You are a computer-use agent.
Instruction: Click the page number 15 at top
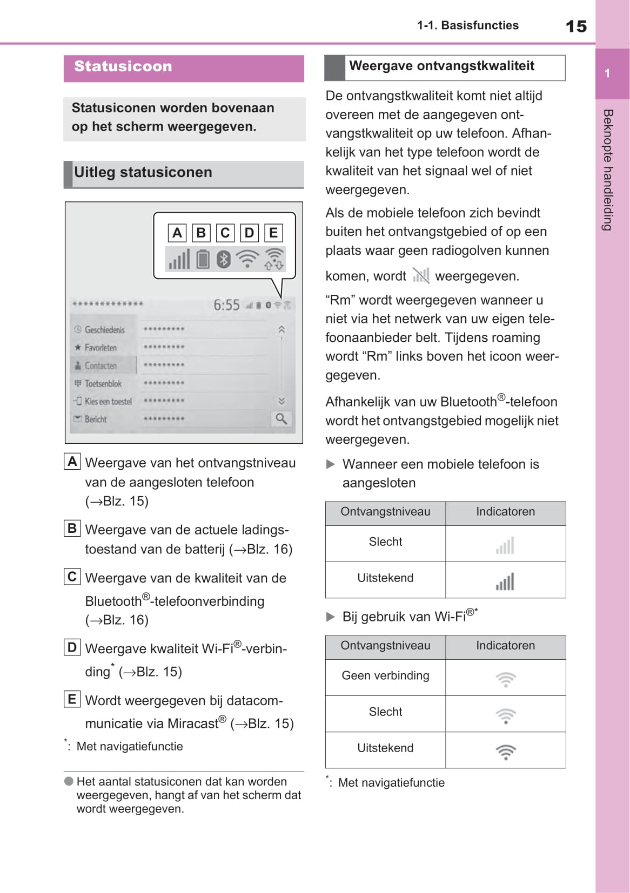[576, 26]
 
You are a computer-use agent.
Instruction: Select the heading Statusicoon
[123, 66]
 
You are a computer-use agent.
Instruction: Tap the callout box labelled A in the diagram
[177, 233]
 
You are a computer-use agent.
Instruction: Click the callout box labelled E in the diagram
[273, 233]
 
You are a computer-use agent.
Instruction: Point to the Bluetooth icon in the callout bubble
[224, 259]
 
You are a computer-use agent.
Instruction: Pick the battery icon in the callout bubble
[203, 259]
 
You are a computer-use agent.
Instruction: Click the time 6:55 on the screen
[226, 305]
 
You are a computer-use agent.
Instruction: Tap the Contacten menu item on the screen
[100, 366]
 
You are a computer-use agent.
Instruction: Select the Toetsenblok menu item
[103, 383]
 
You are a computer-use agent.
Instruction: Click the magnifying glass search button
[281, 418]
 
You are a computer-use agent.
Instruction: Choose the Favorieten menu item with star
[100, 348]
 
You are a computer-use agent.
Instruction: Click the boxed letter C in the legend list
[72, 577]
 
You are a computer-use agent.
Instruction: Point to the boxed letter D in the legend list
[72, 647]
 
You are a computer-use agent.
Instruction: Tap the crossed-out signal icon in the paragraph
[420, 275]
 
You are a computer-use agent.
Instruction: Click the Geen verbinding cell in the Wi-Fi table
[385, 676]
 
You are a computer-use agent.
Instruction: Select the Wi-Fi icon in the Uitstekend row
[506, 751]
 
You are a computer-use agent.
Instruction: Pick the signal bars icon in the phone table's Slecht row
[505, 545]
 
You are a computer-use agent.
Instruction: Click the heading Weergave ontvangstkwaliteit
[441, 66]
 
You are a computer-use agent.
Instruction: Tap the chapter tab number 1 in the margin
[607, 73]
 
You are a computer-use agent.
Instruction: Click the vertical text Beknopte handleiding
[608, 170]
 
